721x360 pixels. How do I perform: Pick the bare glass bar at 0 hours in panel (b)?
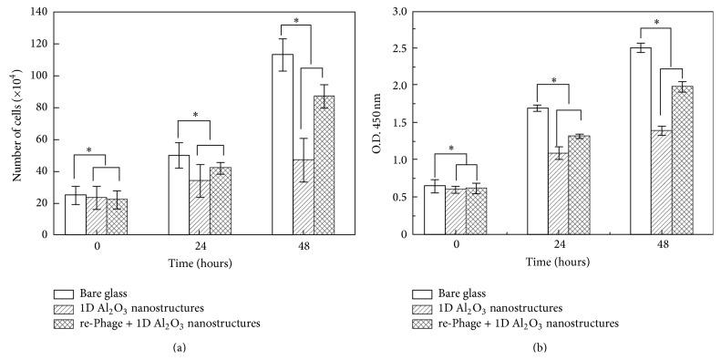(434, 210)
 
